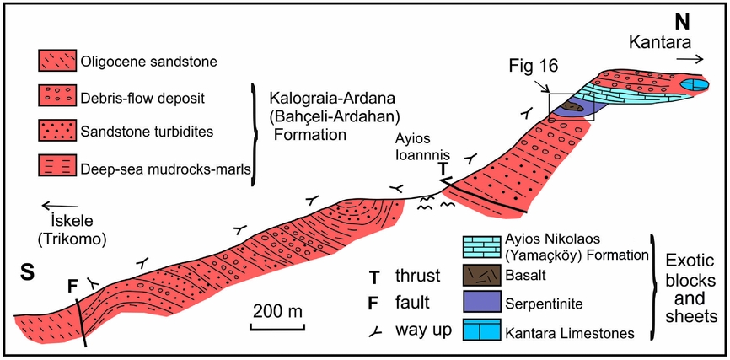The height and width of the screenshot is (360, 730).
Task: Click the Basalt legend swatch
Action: pos(481,277)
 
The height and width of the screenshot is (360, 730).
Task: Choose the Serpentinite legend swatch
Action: pos(481,303)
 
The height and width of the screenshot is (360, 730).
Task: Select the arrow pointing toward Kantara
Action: pos(690,59)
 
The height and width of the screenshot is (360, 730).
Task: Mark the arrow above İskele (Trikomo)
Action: pos(61,206)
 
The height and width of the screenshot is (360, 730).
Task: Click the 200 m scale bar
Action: pos(277,326)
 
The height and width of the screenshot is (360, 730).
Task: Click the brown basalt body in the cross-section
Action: pos(572,107)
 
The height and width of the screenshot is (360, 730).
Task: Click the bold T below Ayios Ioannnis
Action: pos(443,170)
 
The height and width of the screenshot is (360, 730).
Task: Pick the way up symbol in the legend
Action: pos(375,331)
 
